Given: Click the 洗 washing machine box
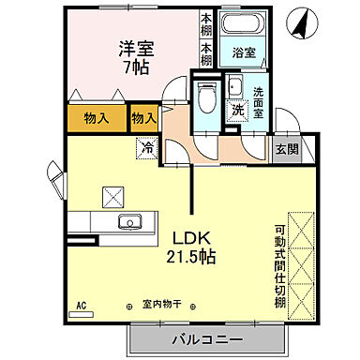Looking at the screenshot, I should [238, 109].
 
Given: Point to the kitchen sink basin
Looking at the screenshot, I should [129, 221].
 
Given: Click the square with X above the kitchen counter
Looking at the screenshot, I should [114, 195].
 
